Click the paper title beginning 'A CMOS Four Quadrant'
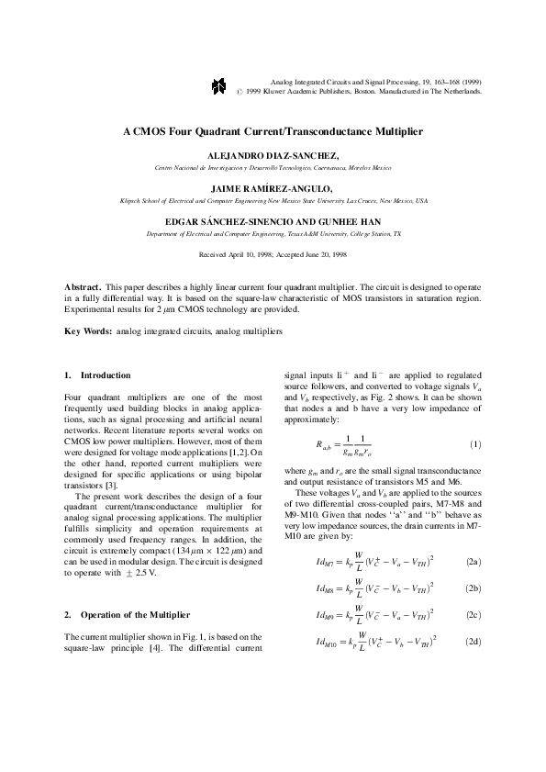coord(273,131)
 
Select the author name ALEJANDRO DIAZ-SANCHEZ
coord(273,156)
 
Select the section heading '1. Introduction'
coord(97,375)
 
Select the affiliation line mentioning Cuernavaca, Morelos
coord(273,169)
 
